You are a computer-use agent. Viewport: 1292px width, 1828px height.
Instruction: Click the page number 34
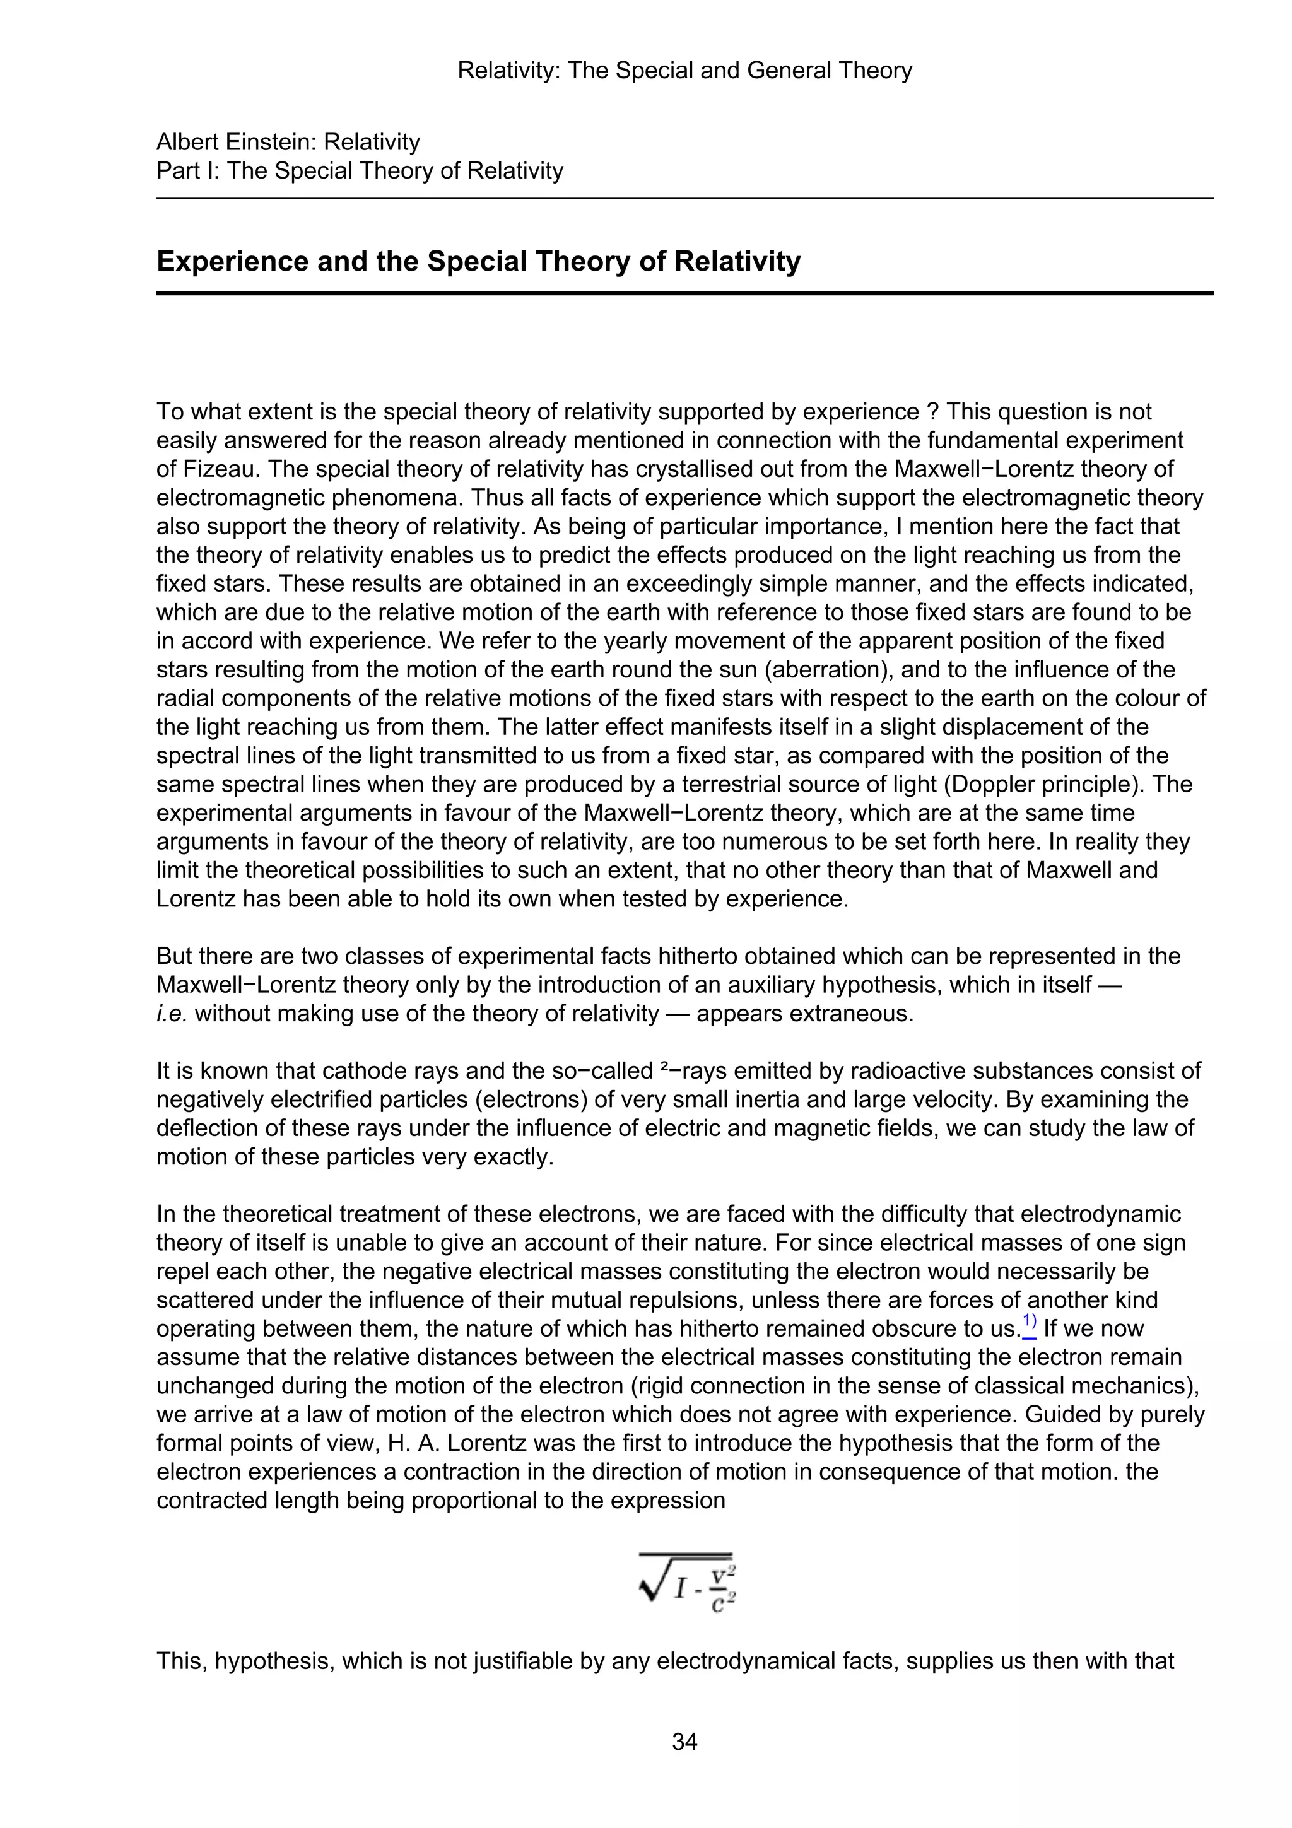click(684, 1742)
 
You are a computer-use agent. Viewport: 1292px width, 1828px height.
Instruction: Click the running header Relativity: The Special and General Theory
click(684, 71)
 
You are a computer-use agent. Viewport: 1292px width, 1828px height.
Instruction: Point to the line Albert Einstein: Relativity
click(288, 143)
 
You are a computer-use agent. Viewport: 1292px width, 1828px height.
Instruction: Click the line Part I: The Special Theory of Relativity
click(360, 171)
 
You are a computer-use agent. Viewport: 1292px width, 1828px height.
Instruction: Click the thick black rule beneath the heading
click(684, 293)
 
